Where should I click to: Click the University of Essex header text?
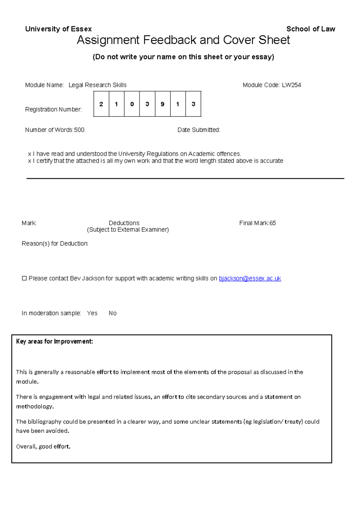58,29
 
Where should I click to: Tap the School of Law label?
310,29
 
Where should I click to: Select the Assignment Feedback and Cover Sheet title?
183,40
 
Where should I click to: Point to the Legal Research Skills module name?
97,85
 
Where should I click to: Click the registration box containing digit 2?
101,104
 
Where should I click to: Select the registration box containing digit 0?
132,104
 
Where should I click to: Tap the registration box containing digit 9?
163,104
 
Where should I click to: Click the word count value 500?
79,130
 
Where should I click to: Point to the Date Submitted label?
199,130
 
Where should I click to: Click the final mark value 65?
272,223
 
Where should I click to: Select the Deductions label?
124,223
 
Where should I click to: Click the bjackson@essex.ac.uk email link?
250,279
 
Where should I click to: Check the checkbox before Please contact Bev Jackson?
24,279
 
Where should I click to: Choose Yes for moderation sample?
92,313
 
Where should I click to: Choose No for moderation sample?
112,313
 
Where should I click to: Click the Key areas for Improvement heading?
55,342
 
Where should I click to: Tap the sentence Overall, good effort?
43,447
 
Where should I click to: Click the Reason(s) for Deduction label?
55,244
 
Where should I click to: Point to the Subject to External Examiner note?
128,230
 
